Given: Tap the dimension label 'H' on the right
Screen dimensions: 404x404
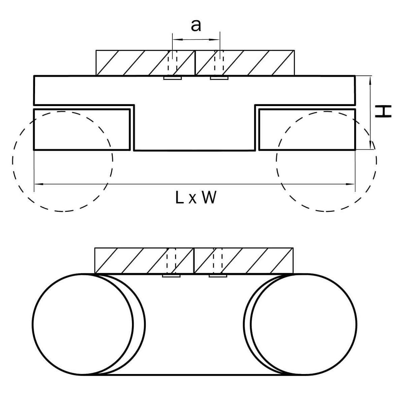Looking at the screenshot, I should [384, 112].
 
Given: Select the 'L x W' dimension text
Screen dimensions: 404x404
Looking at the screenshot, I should [196, 198].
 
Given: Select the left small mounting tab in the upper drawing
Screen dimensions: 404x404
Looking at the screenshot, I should [172, 78].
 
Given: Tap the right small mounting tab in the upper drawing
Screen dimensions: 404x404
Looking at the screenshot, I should [219, 78].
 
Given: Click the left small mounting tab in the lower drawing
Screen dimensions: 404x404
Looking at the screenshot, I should [171, 276].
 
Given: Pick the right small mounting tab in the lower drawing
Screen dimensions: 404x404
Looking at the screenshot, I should [218, 276].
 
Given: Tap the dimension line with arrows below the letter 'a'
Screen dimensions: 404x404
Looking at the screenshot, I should [196, 40].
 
